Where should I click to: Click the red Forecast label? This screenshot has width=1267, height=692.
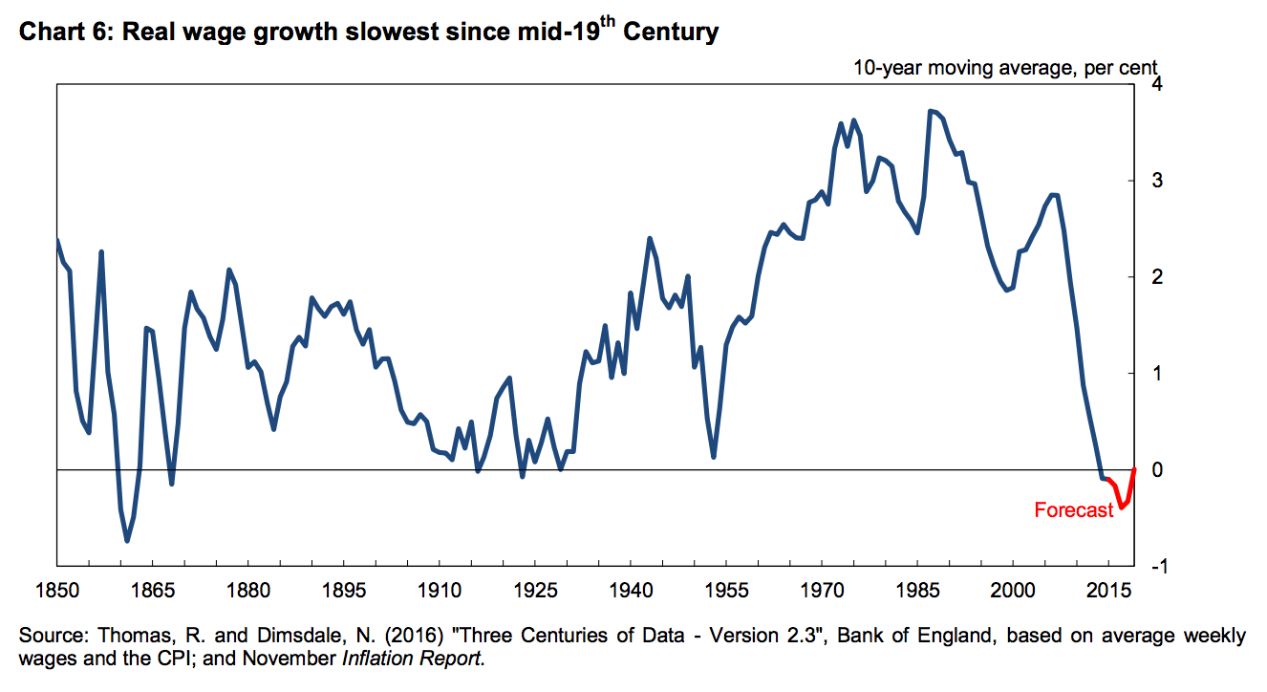pos(1073,510)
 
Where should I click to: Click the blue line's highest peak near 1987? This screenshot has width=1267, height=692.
pos(930,111)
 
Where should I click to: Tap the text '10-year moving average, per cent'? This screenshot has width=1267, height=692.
pos(1005,68)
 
